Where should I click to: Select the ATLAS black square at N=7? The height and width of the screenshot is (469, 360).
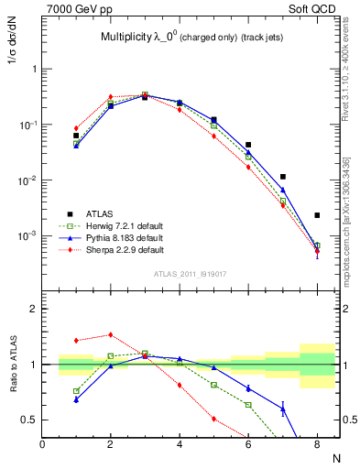(283, 176)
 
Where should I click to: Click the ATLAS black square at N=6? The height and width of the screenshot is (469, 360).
(248, 145)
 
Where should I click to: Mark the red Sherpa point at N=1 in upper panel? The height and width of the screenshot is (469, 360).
(76, 128)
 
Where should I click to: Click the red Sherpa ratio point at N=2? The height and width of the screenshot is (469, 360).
(111, 334)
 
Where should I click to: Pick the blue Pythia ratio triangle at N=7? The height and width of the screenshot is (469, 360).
(283, 409)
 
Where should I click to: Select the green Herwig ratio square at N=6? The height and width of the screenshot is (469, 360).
(248, 404)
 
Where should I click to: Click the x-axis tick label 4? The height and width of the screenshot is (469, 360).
(180, 444)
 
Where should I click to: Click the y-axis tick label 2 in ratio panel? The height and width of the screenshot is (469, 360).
(34, 309)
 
